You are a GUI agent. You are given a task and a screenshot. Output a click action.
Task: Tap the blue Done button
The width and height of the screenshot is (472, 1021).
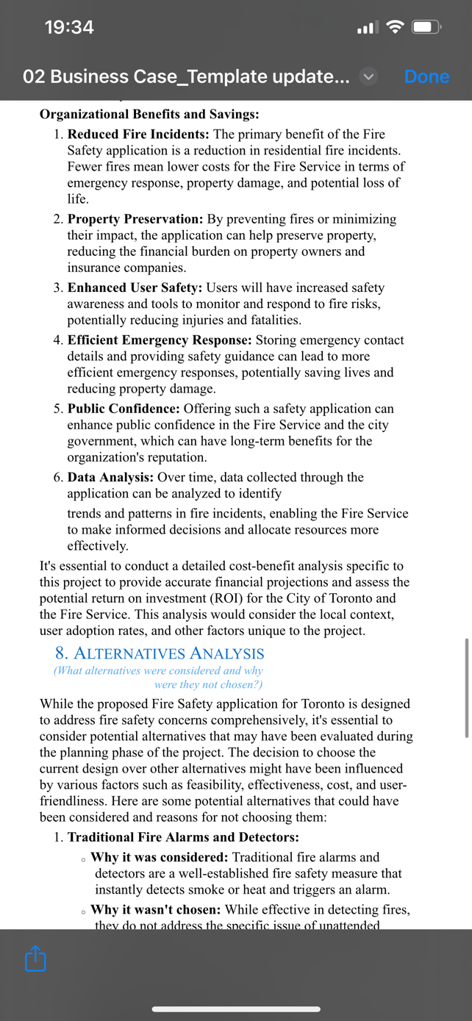pos(426,76)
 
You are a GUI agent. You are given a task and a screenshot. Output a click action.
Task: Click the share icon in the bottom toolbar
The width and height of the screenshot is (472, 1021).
pos(35,959)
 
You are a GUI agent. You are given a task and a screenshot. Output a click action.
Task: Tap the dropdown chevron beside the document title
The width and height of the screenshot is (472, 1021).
pos(369,76)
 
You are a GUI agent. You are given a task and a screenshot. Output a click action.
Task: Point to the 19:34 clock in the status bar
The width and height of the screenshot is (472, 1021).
pos(69,28)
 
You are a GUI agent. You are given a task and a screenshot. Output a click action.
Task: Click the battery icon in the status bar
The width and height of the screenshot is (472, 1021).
pos(426,28)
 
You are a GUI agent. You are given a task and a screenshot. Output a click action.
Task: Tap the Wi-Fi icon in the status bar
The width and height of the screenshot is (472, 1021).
pos(396,28)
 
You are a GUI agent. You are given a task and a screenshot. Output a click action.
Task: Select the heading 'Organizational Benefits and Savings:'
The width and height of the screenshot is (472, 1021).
pos(149,115)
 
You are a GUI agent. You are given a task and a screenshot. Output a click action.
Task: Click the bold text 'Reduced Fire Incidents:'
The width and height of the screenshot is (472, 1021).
pos(138,135)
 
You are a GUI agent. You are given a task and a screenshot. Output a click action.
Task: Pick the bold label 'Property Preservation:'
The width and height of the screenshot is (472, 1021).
pos(135,219)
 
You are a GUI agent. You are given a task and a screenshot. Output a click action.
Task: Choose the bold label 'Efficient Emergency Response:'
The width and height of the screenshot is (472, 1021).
pos(160,340)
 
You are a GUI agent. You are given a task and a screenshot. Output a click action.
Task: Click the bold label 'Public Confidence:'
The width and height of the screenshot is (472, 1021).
pos(124,409)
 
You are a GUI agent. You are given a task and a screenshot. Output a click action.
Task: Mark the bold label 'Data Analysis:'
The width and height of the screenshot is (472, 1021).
pos(110,477)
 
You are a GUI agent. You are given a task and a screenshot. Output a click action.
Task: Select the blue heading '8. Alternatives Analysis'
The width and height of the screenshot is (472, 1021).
pos(160,653)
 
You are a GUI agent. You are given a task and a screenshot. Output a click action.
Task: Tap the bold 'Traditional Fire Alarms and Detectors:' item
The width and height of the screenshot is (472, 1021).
pos(183,837)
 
